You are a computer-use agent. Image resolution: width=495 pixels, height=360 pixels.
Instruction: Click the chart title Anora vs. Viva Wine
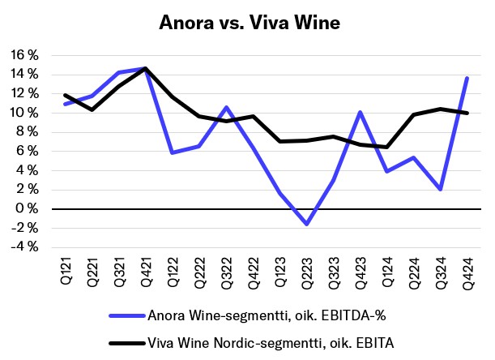pos(247,24)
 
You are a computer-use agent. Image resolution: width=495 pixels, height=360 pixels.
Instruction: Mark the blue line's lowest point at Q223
pos(306,224)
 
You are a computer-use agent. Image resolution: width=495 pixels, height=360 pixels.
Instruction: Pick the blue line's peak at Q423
pos(359,112)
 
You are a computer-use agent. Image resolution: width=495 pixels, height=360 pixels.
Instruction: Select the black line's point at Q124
pos(386,147)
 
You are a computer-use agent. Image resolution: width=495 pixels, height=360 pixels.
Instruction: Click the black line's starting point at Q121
pos(66,95)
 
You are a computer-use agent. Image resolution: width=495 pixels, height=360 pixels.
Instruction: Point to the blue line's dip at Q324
pos(439,189)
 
